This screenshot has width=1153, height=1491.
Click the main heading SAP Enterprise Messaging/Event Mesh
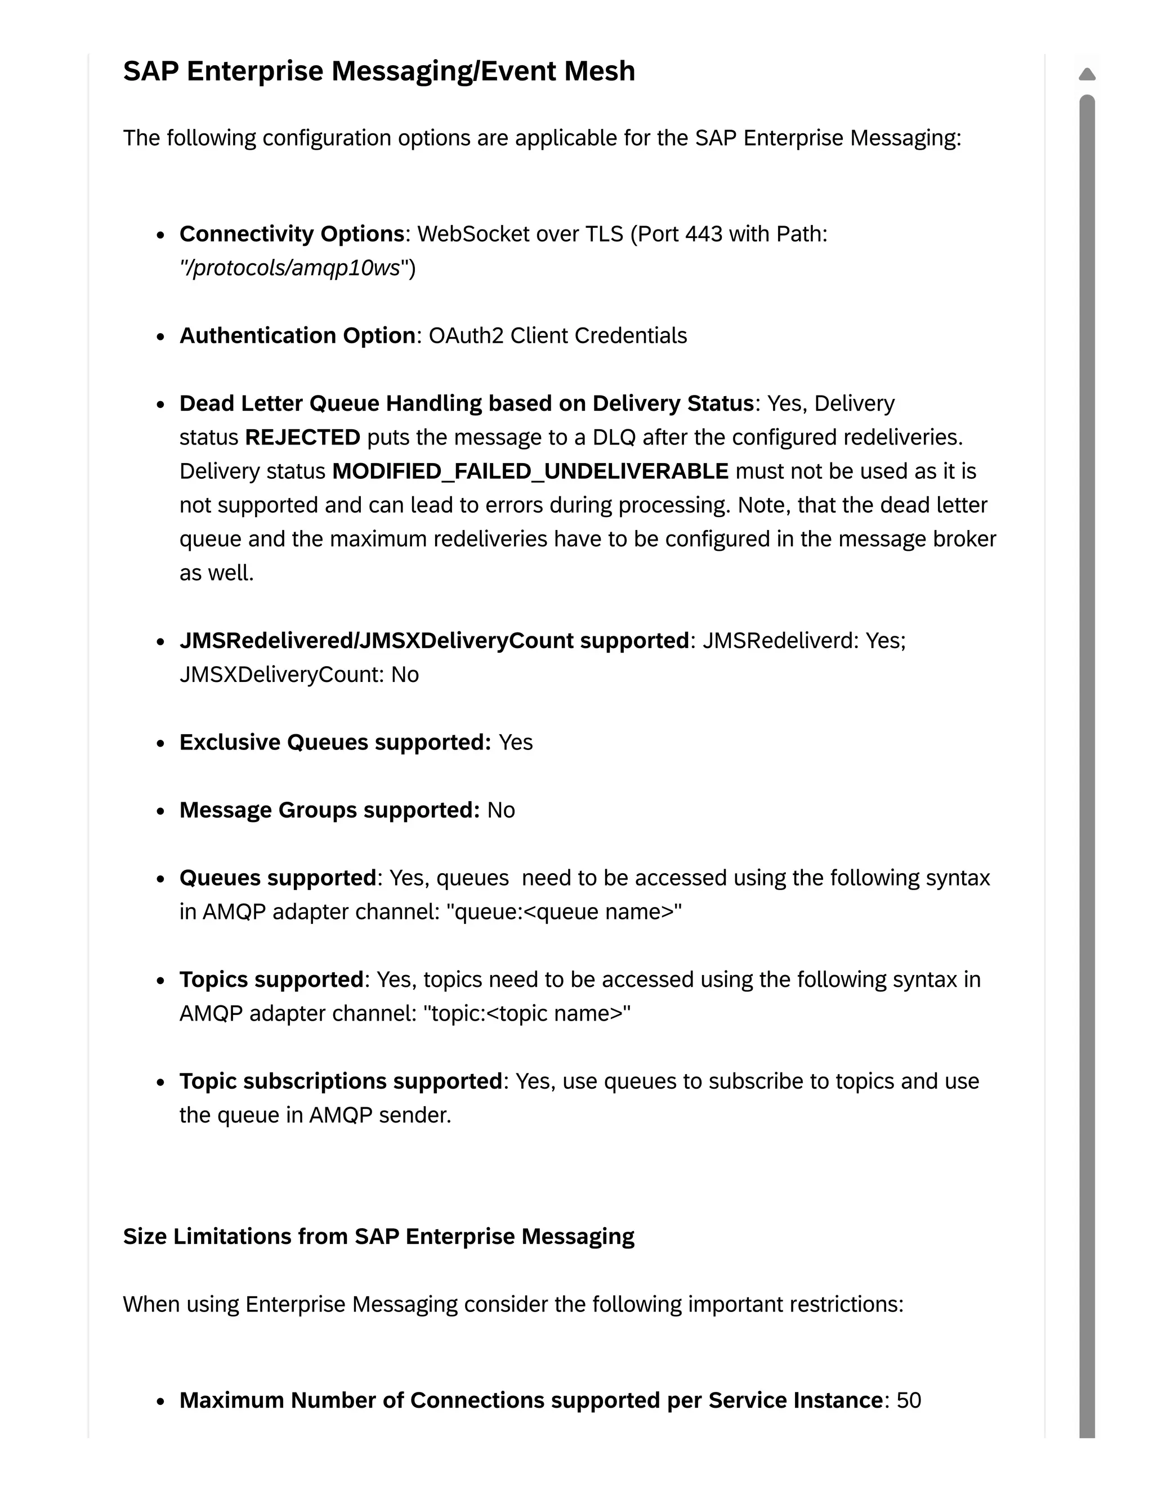click(378, 71)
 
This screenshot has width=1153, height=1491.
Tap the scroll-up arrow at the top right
click(1087, 74)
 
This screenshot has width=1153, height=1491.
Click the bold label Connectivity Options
click(292, 234)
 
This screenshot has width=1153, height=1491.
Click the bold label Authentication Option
click(297, 336)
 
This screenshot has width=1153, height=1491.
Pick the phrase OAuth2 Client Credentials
click(557, 336)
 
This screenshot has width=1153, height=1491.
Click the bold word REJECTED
click(302, 438)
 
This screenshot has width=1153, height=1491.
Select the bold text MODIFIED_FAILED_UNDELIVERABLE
click(530, 471)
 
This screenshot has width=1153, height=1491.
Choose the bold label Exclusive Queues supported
click(335, 742)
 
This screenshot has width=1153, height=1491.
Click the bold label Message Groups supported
click(329, 810)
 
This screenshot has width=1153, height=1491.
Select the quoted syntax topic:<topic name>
click(526, 1014)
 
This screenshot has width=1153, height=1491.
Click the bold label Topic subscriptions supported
click(341, 1081)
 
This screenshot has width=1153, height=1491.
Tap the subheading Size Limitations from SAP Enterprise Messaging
click(378, 1236)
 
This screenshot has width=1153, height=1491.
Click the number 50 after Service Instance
click(909, 1400)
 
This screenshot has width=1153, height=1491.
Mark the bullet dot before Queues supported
click(160, 879)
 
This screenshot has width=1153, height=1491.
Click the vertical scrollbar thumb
click(1087, 751)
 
